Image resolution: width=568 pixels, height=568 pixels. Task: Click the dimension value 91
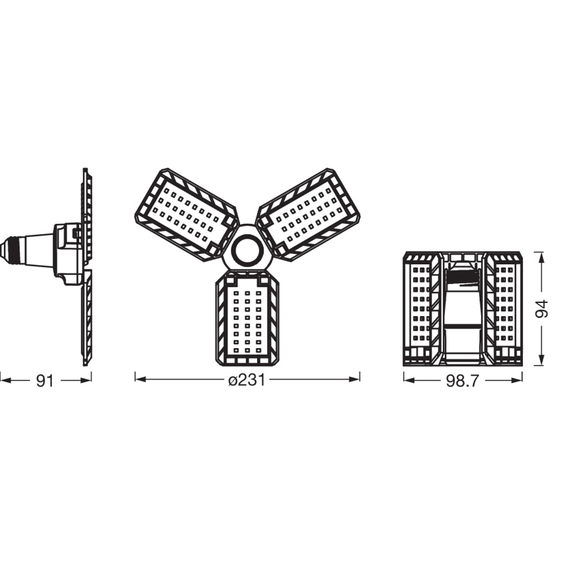tap(45, 381)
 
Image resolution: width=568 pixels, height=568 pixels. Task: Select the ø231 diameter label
tap(247, 380)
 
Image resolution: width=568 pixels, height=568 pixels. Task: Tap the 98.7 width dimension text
tap(463, 381)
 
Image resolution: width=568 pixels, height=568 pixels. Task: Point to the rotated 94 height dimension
tap(542, 309)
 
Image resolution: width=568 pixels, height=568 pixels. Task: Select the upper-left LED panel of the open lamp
tap(186, 215)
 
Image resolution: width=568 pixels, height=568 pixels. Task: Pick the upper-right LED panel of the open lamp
tap(308, 215)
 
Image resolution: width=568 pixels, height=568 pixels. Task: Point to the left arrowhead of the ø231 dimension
tap(140, 380)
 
